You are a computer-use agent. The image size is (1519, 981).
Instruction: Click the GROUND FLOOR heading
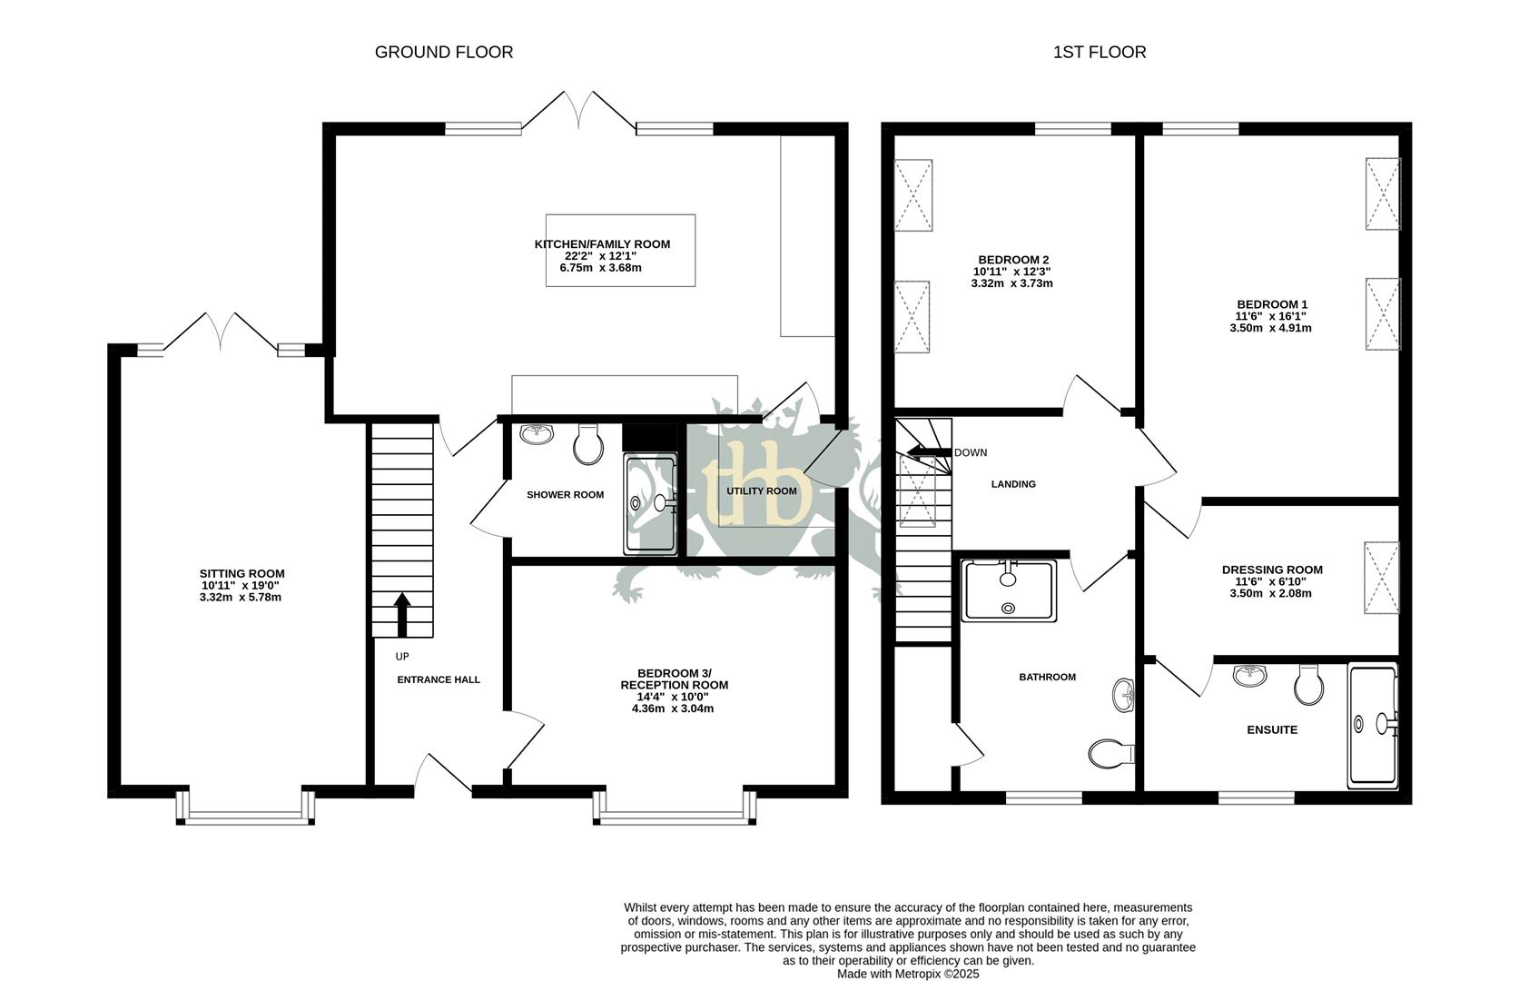(x=444, y=53)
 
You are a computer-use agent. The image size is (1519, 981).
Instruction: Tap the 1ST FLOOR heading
(x=1099, y=53)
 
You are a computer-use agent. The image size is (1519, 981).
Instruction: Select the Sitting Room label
(x=242, y=573)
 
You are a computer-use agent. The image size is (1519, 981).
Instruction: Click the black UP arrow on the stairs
(x=400, y=615)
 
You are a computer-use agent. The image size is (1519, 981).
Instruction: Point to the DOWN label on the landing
(x=971, y=452)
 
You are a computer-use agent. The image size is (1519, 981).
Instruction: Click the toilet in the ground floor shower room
(x=589, y=444)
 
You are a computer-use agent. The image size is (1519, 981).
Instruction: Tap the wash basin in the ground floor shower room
(x=538, y=434)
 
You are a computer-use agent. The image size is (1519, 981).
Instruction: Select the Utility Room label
(x=761, y=490)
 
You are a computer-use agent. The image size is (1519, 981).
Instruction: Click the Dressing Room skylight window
(x=1381, y=578)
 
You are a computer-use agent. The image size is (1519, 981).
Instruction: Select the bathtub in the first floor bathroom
(x=1008, y=590)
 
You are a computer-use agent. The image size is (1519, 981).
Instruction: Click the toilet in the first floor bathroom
(x=1110, y=753)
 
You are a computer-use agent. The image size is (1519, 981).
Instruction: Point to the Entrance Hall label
(x=439, y=679)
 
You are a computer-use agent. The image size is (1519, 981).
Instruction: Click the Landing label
(x=1012, y=484)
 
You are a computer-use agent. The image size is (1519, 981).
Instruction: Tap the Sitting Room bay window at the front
(x=245, y=808)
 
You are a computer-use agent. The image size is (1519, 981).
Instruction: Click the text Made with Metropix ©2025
(x=908, y=973)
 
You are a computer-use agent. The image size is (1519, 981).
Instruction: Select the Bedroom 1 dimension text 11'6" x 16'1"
(x=1272, y=316)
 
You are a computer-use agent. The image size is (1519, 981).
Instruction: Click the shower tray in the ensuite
(x=1372, y=724)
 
